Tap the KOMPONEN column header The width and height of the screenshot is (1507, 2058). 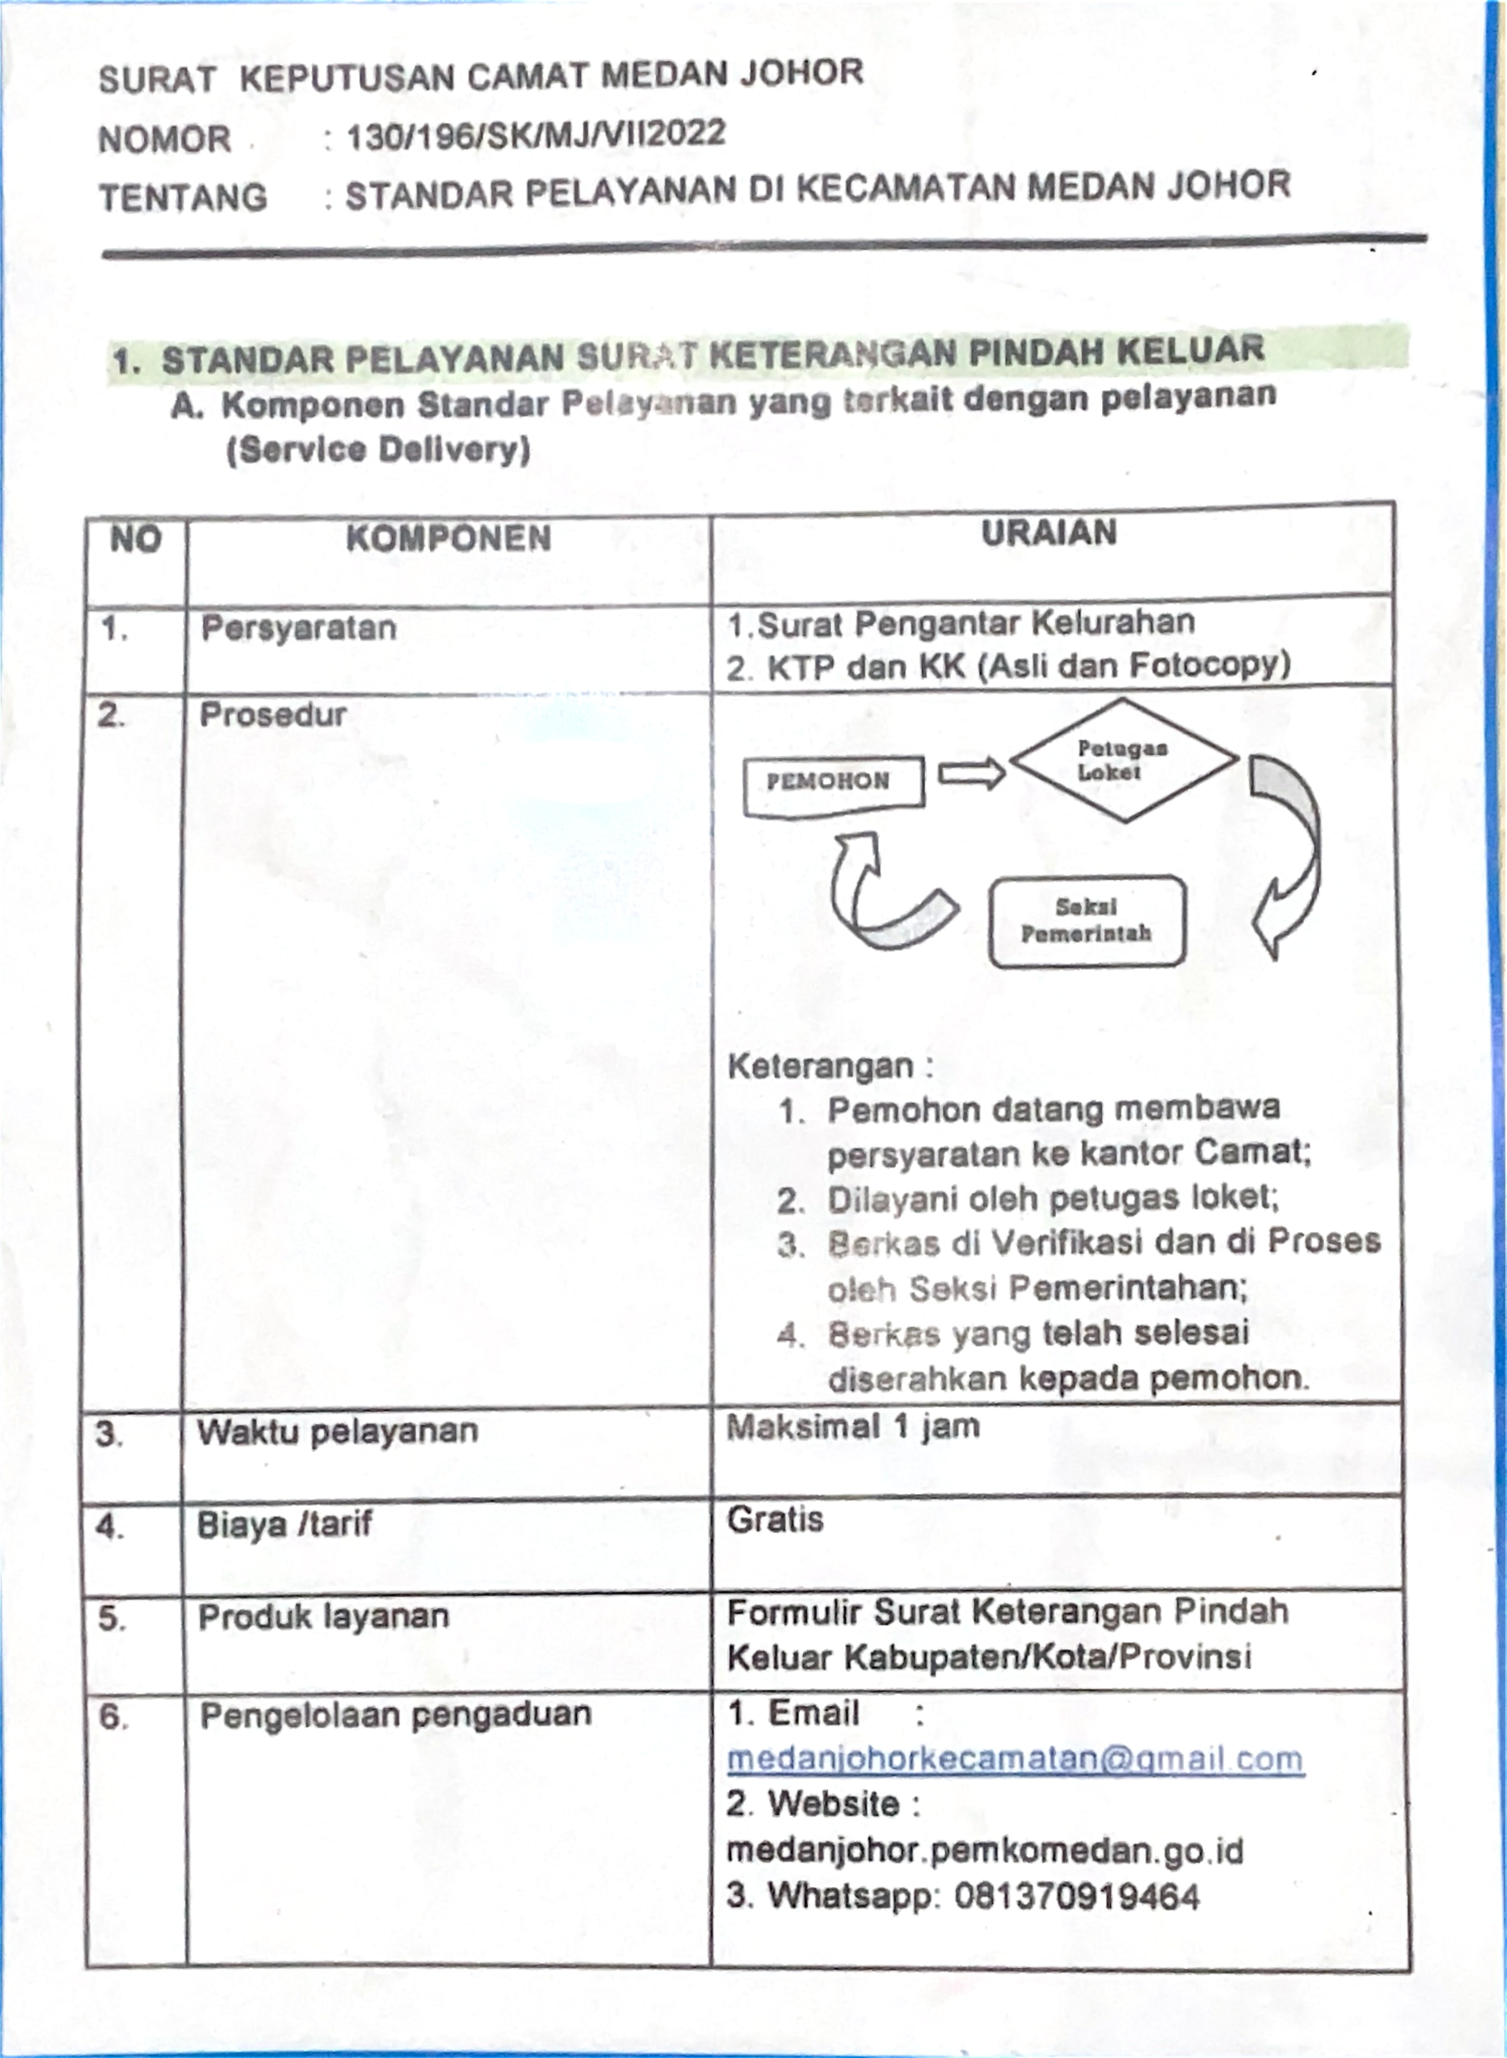click(449, 539)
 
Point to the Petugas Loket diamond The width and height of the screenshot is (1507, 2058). click(1123, 761)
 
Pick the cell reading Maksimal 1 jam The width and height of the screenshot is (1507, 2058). click(853, 1426)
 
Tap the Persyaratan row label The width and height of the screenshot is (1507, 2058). click(298, 628)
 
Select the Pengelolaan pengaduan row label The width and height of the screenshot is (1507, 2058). click(395, 1715)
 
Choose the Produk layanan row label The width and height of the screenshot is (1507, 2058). click(324, 1617)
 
